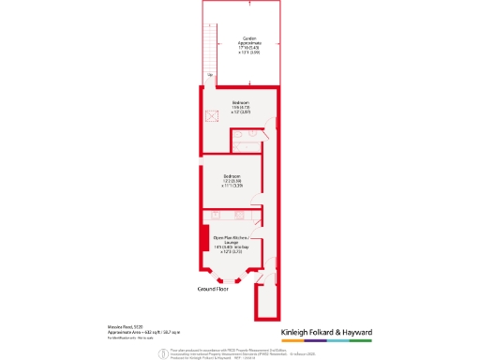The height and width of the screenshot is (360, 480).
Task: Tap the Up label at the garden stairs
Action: tap(211, 75)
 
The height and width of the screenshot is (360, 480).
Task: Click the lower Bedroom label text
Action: tap(232, 176)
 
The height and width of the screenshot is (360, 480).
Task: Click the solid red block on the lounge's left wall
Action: tap(203, 237)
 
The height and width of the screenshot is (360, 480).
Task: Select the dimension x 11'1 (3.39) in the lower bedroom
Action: tap(232, 187)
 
